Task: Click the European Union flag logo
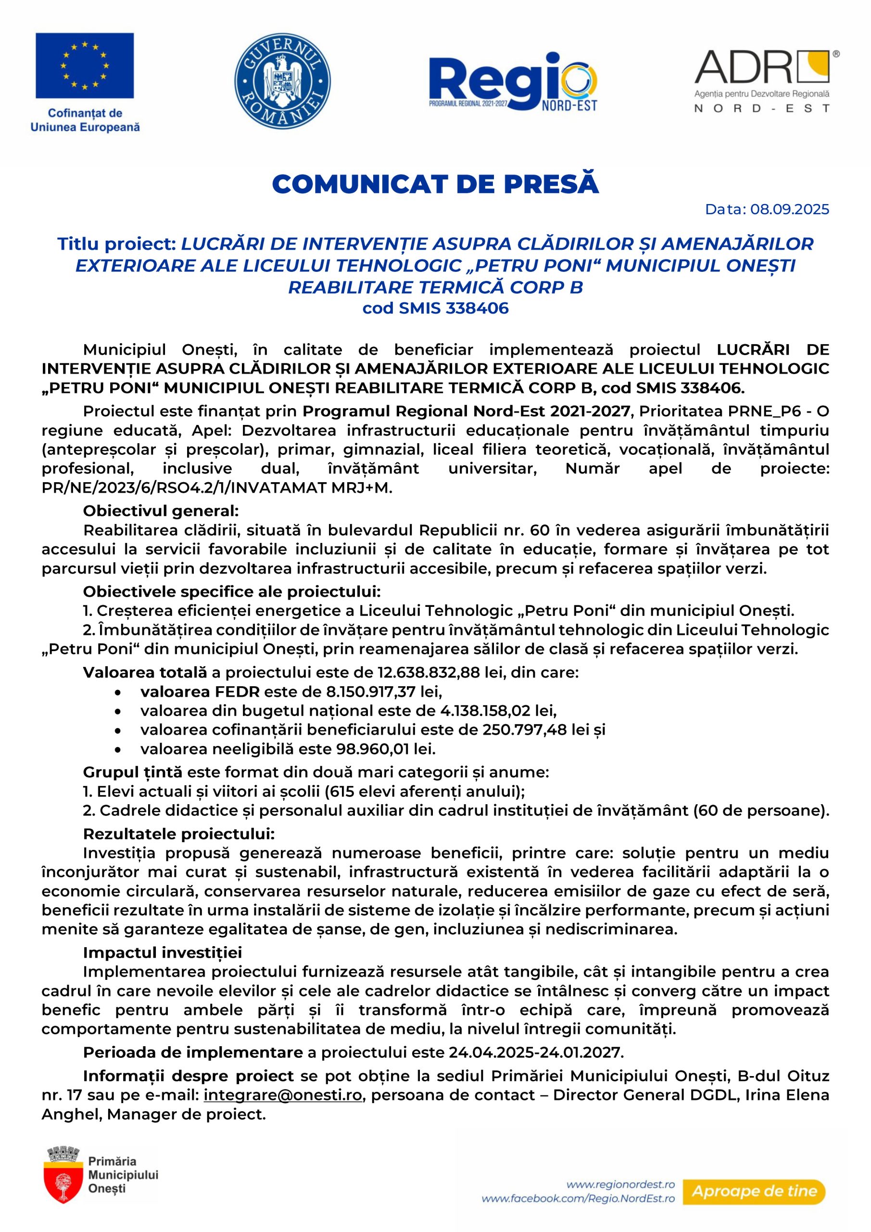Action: pyautogui.click(x=85, y=65)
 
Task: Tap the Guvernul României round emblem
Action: pyautogui.click(x=283, y=81)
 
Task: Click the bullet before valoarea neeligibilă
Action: pyautogui.click(x=117, y=750)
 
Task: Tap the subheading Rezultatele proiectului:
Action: pyautogui.click(x=178, y=834)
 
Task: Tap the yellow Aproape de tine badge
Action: pyautogui.click(x=754, y=1192)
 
